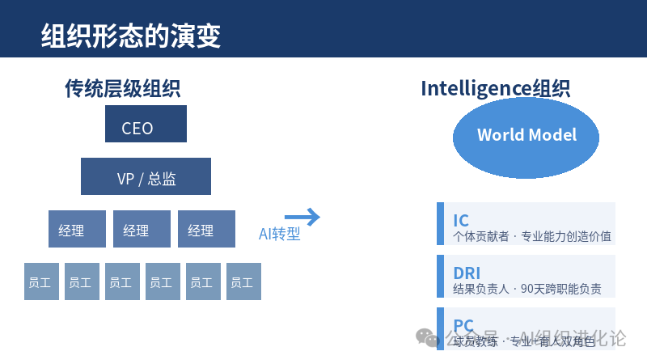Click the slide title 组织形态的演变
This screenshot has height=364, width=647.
click(x=130, y=36)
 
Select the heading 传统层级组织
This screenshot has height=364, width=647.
click(x=122, y=88)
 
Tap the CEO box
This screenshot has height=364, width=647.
click(x=146, y=128)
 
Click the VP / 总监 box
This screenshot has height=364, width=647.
click(x=146, y=178)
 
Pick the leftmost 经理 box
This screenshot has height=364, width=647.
click(x=77, y=230)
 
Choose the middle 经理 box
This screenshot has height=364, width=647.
click(x=142, y=230)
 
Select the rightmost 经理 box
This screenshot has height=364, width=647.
click(x=206, y=230)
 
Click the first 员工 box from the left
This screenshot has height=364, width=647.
click(x=41, y=282)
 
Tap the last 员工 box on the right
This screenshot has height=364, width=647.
click(x=243, y=282)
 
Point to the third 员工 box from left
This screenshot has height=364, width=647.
click(x=122, y=282)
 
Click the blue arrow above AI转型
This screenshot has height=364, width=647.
click(x=302, y=217)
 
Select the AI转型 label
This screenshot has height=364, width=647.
click(x=279, y=235)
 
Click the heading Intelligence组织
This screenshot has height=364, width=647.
click(x=495, y=88)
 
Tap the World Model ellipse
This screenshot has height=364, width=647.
click(x=526, y=134)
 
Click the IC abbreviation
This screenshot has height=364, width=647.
click(x=461, y=220)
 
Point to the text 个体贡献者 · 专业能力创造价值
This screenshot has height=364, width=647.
click(x=531, y=236)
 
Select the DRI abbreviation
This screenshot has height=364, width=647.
click(x=467, y=273)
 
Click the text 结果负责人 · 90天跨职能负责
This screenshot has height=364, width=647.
click(x=526, y=289)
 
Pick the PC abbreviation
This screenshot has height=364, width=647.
click(x=463, y=324)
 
